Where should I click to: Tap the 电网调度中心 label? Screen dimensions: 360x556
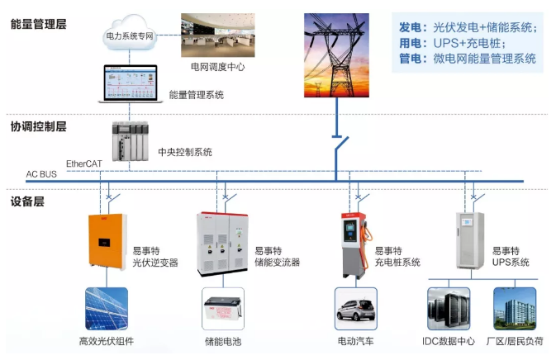[217, 65]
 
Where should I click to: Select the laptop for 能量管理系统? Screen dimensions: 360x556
[128, 83]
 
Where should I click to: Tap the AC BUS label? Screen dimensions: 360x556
[41, 175]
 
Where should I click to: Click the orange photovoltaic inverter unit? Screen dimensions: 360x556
[106, 242]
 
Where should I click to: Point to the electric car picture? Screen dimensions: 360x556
[356, 309]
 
